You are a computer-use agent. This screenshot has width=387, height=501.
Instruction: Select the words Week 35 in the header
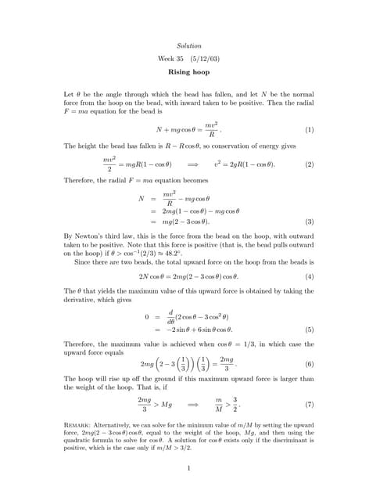[x=172, y=59]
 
